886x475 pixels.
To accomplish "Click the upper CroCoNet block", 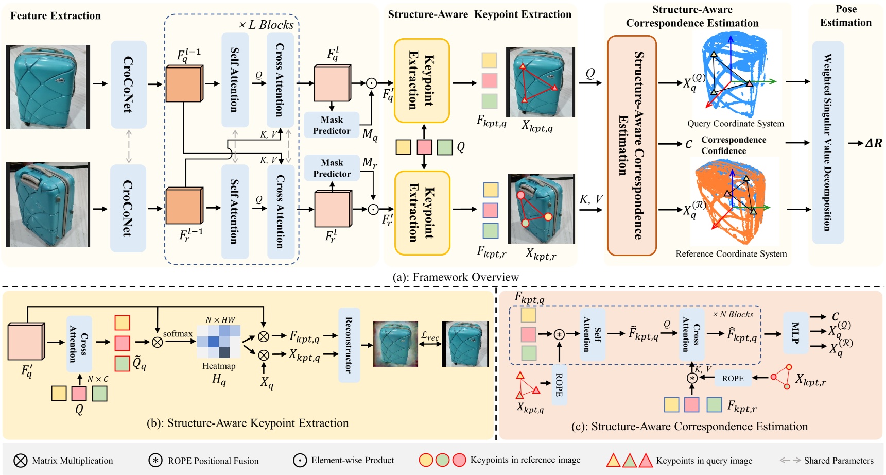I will (128, 84).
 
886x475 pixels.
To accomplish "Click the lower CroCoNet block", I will (128, 208).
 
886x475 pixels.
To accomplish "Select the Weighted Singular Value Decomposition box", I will (828, 142).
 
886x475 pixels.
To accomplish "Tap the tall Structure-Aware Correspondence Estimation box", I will (632, 145).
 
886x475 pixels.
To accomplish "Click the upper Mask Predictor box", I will (332, 125).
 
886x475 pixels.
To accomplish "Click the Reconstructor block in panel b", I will (349, 345).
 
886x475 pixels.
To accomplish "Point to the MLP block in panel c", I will (795, 332).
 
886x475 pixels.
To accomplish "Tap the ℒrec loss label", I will (430, 336).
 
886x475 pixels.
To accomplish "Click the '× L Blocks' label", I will (266, 25).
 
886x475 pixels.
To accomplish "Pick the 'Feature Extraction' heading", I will (56, 15).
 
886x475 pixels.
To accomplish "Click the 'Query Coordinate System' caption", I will (735, 124).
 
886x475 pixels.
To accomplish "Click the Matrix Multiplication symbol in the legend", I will (20, 460).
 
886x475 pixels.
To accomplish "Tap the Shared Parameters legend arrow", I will (790, 460).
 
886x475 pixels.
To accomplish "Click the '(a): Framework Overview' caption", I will (455, 277).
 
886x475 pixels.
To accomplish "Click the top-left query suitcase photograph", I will (47, 87).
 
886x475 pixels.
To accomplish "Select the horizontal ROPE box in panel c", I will (733, 378).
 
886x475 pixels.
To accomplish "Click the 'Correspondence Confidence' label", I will (733, 145).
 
